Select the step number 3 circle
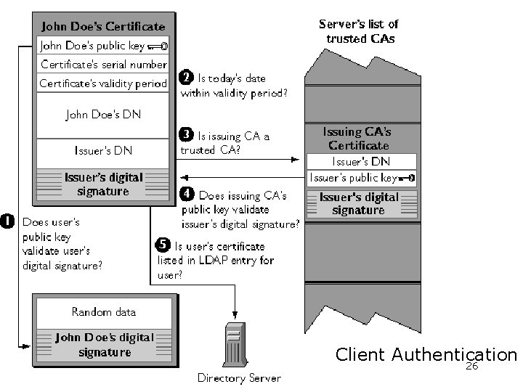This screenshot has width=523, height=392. pyautogui.click(x=186, y=134)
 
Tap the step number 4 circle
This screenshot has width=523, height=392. pyautogui.click(x=186, y=195)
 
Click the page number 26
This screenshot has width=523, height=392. pyautogui.click(x=471, y=368)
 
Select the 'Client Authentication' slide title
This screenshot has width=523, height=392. pyautogui.click(x=426, y=354)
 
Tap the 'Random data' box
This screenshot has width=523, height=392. pyautogui.click(x=103, y=312)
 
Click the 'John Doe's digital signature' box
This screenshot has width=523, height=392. pyautogui.click(x=103, y=345)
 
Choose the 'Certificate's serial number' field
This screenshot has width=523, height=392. pyautogui.click(x=102, y=63)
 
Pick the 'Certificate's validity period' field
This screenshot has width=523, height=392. pyautogui.click(x=102, y=83)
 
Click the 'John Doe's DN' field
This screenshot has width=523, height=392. pyautogui.click(x=102, y=114)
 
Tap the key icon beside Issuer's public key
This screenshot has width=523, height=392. pyautogui.click(x=407, y=177)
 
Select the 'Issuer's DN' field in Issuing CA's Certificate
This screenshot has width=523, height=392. pyautogui.click(x=361, y=161)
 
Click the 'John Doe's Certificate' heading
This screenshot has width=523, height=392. pyautogui.click(x=102, y=27)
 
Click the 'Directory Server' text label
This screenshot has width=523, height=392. pyautogui.click(x=239, y=377)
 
